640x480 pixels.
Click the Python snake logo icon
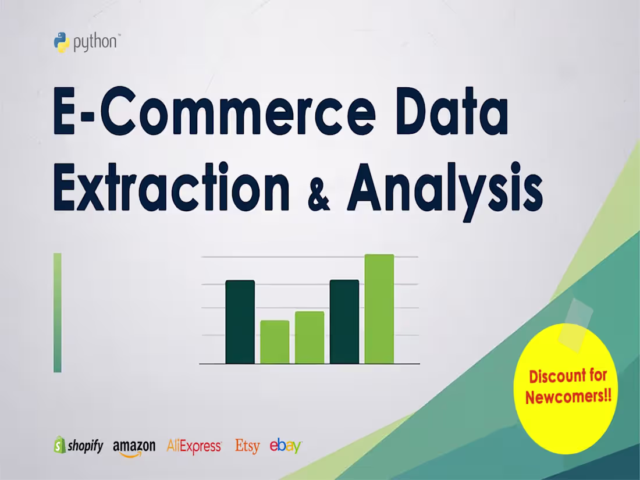(x=62, y=42)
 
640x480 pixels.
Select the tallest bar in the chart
(x=379, y=309)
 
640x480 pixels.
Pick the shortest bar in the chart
(x=275, y=342)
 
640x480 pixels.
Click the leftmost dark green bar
(x=240, y=322)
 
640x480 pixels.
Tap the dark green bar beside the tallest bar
(x=344, y=322)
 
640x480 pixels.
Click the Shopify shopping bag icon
(x=59, y=445)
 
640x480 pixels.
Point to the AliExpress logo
(x=194, y=446)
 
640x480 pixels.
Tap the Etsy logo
(x=247, y=446)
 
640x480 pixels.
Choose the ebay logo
(x=285, y=446)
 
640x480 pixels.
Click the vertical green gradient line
(x=57, y=312)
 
